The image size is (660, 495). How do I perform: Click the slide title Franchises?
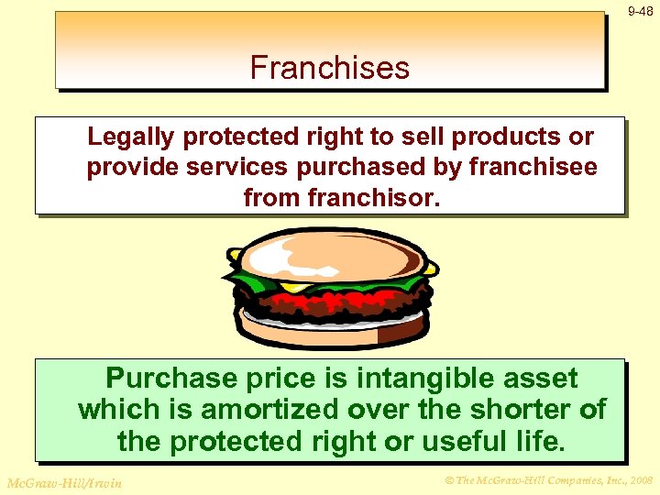click(x=329, y=68)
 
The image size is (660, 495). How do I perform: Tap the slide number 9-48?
click(x=640, y=12)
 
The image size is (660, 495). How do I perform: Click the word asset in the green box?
click(x=544, y=379)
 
